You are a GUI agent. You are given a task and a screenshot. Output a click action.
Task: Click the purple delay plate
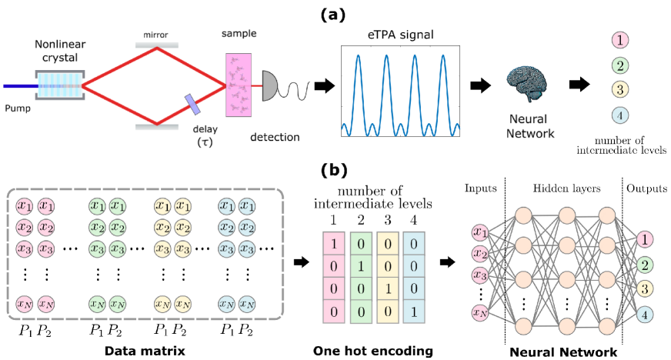191,102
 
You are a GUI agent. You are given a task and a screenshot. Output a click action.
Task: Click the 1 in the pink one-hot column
332,244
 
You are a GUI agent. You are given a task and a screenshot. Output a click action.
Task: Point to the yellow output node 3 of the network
646,289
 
